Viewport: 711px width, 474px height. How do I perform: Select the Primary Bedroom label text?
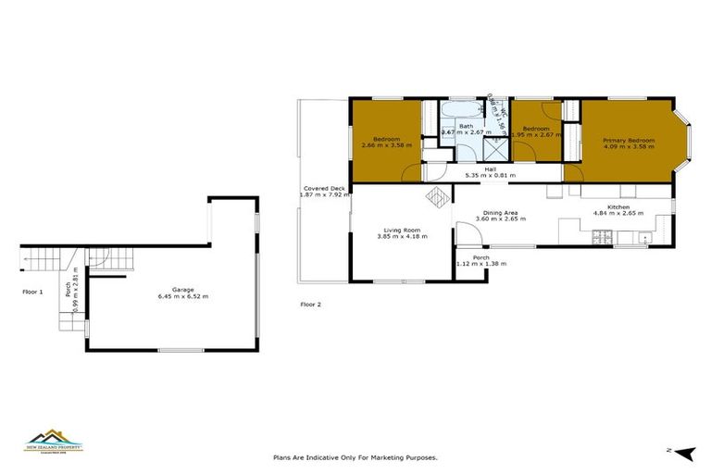[629, 141]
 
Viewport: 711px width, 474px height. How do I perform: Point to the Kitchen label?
[618, 206]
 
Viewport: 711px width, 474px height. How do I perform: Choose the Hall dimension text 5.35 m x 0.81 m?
[491, 175]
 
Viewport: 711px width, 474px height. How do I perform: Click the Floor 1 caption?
[33, 292]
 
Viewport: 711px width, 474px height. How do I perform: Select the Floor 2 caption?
[310, 304]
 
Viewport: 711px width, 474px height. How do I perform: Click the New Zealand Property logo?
[54, 439]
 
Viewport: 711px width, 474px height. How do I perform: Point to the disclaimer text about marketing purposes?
[355, 456]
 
